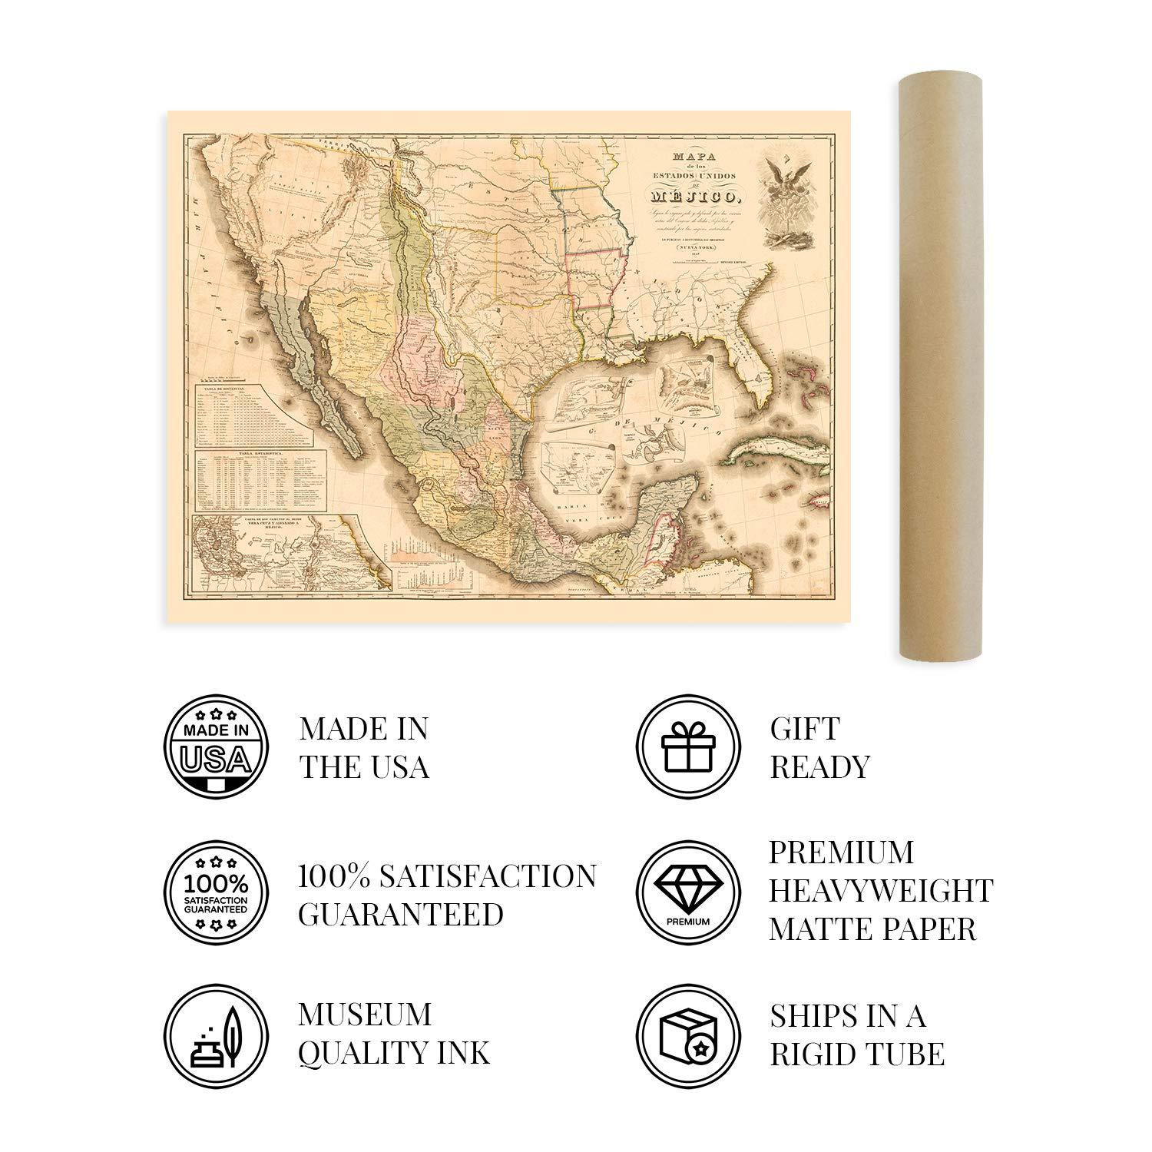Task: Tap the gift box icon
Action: pos(688,747)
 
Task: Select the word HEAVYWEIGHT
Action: pos(881,891)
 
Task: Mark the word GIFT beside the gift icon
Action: pos(805,728)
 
